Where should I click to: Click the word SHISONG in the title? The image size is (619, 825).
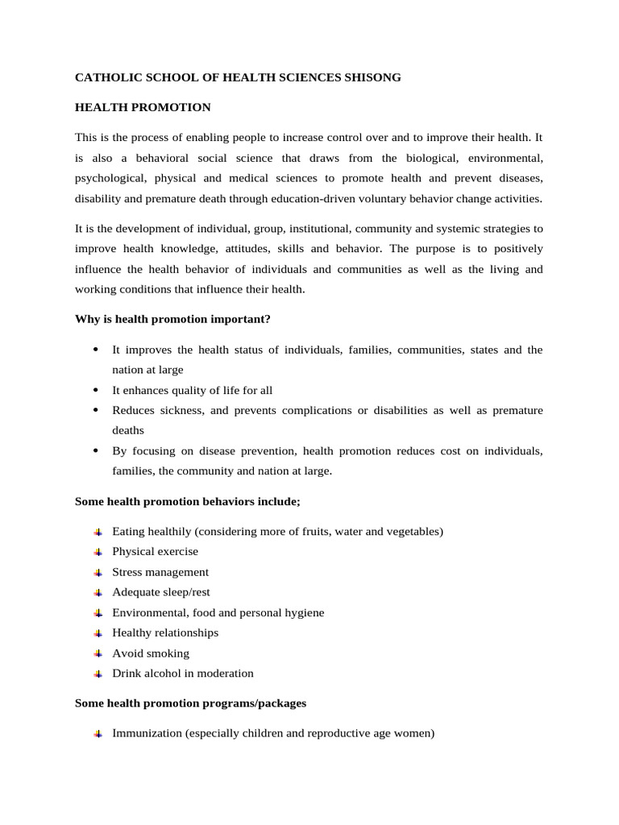click(371, 78)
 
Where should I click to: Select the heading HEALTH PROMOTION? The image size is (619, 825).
click(143, 107)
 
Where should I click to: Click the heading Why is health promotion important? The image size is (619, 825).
click(172, 319)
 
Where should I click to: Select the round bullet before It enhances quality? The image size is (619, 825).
click(96, 390)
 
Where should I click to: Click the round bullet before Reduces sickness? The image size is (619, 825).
click(96, 410)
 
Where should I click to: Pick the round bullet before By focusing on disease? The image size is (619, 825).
click(96, 450)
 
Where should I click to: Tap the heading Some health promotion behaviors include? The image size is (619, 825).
click(187, 501)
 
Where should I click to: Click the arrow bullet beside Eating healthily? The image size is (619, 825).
click(97, 532)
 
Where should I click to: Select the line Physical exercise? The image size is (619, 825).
click(155, 552)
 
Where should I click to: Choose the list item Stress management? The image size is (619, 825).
click(160, 572)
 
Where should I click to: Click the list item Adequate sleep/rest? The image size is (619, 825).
click(161, 592)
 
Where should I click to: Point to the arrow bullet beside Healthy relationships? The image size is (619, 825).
click(97, 633)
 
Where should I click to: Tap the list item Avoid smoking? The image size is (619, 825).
click(151, 653)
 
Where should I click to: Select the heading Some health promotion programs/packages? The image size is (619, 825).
click(190, 703)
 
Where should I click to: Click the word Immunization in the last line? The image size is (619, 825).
click(147, 733)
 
